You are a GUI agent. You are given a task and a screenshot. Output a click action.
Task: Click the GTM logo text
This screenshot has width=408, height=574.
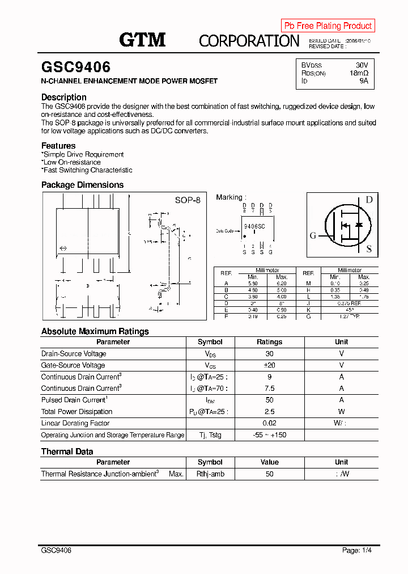pyautogui.click(x=142, y=39)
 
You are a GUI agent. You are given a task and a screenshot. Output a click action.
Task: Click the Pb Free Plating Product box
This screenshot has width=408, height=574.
pyautogui.click(x=328, y=26)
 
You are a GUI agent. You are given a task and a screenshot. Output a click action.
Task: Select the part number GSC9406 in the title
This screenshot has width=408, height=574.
pyautogui.click(x=76, y=67)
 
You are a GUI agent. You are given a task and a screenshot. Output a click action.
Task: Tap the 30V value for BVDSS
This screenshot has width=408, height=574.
pyautogui.click(x=362, y=65)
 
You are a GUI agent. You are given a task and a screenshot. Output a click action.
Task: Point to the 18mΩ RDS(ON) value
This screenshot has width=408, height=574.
pyautogui.click(x=359, y=73)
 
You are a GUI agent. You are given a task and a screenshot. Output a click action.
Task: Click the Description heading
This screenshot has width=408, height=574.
pyautogui.click(x=64, y=97)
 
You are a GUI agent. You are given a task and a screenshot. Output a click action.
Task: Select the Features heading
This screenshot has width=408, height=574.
pyautogui.click(x=58, y=146)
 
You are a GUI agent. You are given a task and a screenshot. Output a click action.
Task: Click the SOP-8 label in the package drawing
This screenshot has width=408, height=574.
pyautogui.click(x=188, y=200)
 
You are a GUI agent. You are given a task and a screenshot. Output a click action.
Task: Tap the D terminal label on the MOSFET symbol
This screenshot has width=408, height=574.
pyautogui.click(x=369, y=199)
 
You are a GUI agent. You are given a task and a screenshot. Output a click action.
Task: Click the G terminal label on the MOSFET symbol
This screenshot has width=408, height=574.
pyautogui.click(x=313, y=236)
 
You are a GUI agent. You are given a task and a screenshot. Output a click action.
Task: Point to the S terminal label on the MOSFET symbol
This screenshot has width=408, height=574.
pyautogui.click(x=369, y=248)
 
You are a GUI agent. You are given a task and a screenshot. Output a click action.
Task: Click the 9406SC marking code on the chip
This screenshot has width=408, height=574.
pyautogui.click(x=253, y=226)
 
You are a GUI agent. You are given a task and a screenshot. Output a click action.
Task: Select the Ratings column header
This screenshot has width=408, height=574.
pyautogui.click(x=269, y=342)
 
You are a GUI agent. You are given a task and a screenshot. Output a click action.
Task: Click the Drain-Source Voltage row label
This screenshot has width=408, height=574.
pyautogui.click(x=74, y=354)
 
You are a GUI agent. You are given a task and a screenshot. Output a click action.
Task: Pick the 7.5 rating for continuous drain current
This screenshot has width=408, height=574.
pyautogui.click(x=269, y=389)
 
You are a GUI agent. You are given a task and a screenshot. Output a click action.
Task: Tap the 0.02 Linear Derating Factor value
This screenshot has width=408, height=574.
pyautogui.click(x=269, y=423)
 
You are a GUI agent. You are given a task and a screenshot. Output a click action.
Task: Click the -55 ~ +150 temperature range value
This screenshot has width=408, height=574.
pyautogui.click(x=269, y=435)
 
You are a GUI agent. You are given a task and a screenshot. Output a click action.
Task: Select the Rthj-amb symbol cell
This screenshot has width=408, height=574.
pyautogui.click(x=210, y=474)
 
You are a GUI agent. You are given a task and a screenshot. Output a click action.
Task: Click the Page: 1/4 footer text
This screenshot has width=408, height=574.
pyautogui.click(x=357, y=550)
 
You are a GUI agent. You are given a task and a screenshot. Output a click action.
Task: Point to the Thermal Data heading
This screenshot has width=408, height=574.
pyautogui.click(x=67, y=451)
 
